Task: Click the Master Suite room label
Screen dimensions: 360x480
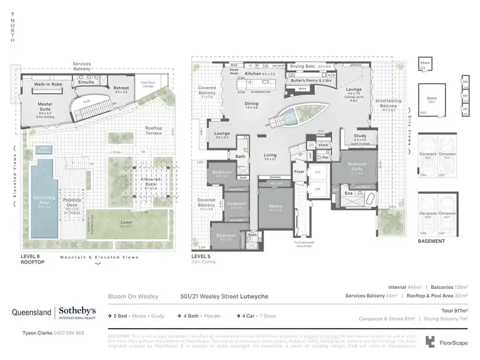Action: coord(45,104)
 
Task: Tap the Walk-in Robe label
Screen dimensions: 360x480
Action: coord(47,84)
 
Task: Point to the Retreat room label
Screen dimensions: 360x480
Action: coord(121,88)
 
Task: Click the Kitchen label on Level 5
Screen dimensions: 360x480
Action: coord(254,74)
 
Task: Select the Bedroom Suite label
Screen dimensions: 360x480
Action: coord(357,165)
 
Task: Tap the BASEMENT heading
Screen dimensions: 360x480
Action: coord(431,242)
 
